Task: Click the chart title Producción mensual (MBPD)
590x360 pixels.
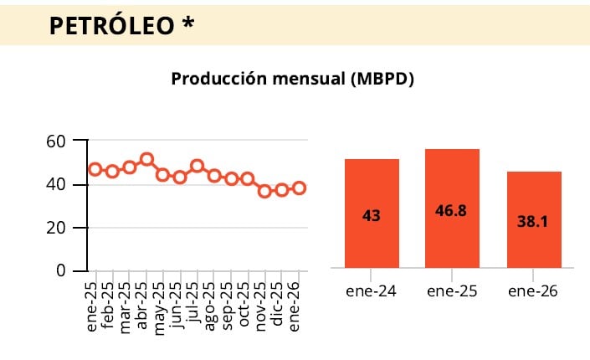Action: click(293, 79)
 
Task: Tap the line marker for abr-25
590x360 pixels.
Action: click(146, 159)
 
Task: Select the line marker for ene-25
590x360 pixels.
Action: click(95, 169)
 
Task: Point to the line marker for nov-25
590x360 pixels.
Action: click(264, 191)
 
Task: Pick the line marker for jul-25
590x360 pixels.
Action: click(198, 166)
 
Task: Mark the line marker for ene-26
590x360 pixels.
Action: click(299, 188)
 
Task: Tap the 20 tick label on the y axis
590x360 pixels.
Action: click(56, 228)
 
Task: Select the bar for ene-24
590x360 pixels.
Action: click(372, 213)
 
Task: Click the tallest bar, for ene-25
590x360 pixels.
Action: click(453, 208)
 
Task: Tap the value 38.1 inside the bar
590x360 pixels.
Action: click(534, 224)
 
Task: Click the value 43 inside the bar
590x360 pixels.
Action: click(372, 216)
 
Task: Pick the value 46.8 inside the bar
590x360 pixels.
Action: click(453, 212)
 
